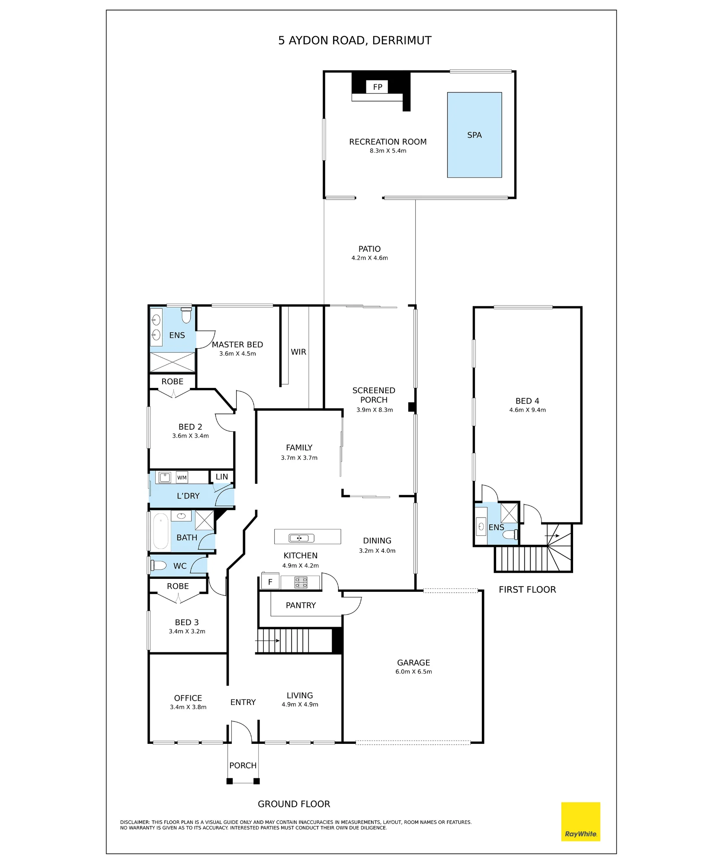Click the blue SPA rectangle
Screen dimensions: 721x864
[x=474, y=135]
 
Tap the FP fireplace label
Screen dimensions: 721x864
[x=378, y=87]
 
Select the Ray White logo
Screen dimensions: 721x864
[x=580, y=822]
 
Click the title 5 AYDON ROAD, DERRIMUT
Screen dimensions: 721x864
[x=355, y=41]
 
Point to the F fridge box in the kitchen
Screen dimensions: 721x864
[x=270, y=582]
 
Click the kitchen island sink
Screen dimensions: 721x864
[x=301, y=538]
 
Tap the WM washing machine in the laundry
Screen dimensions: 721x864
[x=182, y=477]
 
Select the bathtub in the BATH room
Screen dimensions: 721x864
[x=161, y=531]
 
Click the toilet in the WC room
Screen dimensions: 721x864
[x=158, y=565]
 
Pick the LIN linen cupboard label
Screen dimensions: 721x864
[x=222, y=476]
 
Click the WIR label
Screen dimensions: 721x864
[x=298, y=352]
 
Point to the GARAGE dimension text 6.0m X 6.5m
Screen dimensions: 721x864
[x=413, y=672]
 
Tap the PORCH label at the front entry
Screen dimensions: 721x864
[x=243, y=766]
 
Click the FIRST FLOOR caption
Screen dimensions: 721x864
[x=527, y=590]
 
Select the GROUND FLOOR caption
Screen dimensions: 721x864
[x=294, y=804]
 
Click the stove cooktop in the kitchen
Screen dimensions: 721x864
[x=301, y=582]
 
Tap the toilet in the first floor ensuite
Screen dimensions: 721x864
[x=510, y=534]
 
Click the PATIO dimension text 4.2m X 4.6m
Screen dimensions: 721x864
[x=370, y=258]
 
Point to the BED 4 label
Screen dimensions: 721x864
[x=527, y=401]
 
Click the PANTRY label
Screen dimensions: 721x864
[x=301, y=605]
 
